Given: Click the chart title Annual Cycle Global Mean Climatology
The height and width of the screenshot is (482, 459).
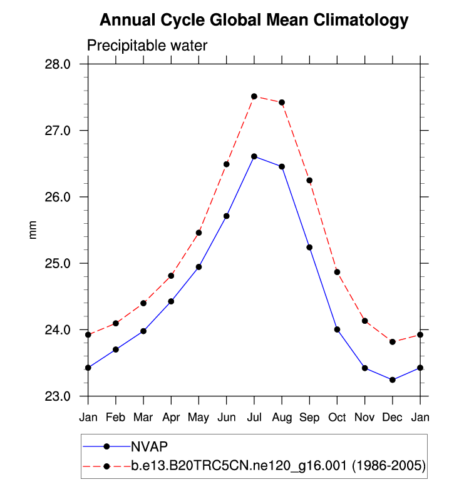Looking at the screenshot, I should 254,21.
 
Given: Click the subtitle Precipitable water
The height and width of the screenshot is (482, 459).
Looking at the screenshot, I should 147,46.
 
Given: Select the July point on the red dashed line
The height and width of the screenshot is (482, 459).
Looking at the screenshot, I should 254,96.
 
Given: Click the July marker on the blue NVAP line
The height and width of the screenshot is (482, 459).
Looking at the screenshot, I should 254,156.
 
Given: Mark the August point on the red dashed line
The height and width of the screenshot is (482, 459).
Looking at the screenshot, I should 282,103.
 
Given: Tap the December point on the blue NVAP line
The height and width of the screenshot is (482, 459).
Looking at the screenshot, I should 393,380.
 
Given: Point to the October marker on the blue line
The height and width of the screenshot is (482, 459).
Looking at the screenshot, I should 337,329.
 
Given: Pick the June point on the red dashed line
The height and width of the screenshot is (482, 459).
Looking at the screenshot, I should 227,164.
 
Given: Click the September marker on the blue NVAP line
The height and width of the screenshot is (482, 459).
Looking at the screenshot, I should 309,248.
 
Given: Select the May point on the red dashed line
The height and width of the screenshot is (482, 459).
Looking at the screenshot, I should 199,233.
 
